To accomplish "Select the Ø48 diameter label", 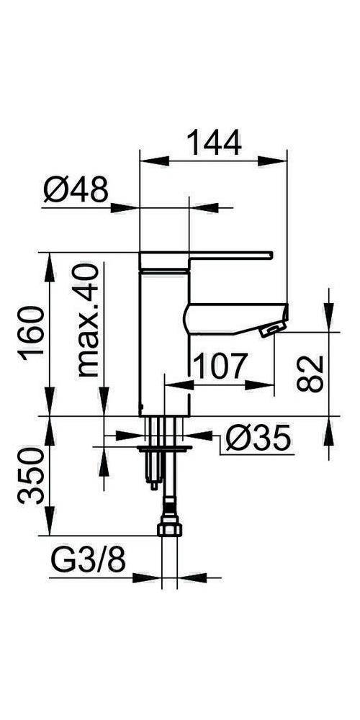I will click(x=75, y=192).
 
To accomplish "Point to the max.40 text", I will click(x=87, y=320).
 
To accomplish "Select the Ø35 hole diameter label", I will click(x=256, y=438).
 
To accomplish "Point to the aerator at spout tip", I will click(x=270, y=330).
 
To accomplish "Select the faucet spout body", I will click(x=230, y=317).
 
